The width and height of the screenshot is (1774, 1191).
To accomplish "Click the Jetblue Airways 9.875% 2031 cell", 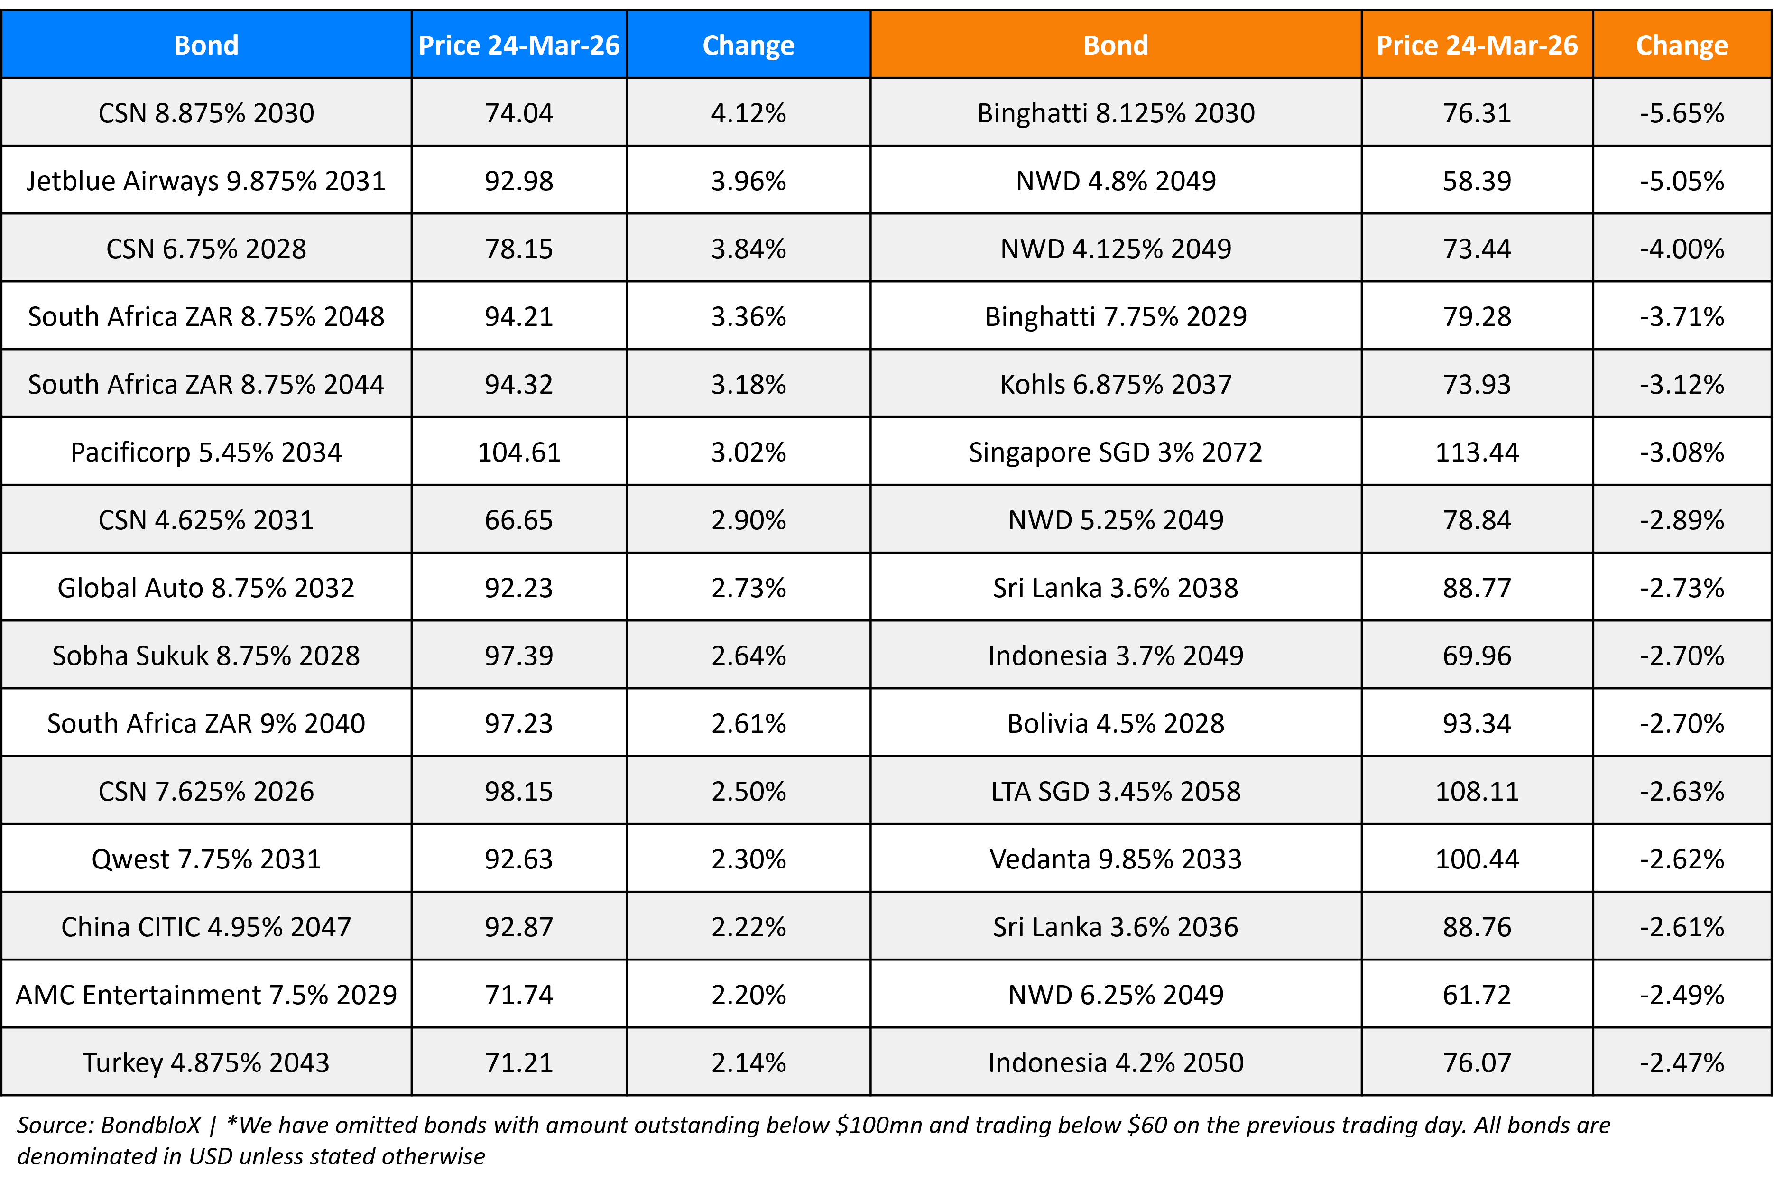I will [206, 181].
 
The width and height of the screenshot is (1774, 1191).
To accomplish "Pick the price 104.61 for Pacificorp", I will [519, 452].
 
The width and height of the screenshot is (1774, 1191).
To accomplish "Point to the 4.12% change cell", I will [748, 113].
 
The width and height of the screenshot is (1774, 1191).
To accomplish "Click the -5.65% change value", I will [1682, 113].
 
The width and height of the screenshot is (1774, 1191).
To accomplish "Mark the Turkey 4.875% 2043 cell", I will [206, 1062].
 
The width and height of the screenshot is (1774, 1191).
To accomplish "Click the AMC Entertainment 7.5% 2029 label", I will [206, 994].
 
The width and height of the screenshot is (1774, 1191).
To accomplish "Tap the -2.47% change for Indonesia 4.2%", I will [1682, 1062].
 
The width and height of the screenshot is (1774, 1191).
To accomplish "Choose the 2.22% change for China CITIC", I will [748, 927].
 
